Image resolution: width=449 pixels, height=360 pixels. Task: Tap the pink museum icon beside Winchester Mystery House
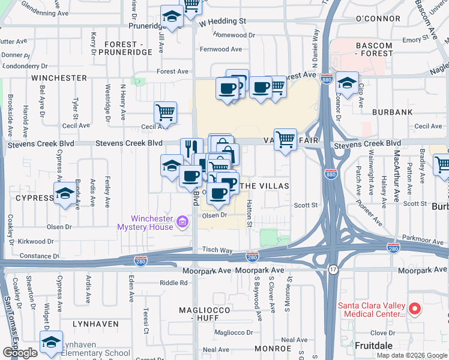[x=182, y=224]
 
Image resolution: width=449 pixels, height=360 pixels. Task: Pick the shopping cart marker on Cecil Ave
[x=165, y=112]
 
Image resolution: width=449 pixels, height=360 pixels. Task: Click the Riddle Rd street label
[x=174, y=283]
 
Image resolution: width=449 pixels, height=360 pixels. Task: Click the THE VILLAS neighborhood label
[x=265, y=187]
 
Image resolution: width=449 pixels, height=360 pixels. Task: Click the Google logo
[x=20, y=353]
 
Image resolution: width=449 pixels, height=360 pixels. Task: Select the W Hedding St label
[x=223, y=21]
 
